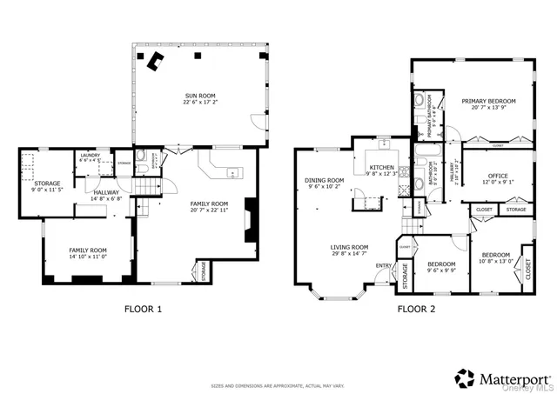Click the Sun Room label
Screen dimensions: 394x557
(x=198, y=98)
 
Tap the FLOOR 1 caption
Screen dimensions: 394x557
(x=142, y=309)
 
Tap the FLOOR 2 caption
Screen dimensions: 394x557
(x=416, y=309)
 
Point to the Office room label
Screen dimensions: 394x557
(x=498, y=177)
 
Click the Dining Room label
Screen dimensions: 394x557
(x=324, y=183)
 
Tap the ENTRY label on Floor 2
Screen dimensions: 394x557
(x=383, y=265)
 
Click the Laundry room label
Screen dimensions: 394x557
(x=90, y=157)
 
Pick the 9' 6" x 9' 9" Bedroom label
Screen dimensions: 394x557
(x=441, y=266)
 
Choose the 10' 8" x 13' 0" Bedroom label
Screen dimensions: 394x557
(x=496, y=258)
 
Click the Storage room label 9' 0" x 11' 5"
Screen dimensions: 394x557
(x=47, y=185)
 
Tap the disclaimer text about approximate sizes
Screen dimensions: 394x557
(x=278, y=385)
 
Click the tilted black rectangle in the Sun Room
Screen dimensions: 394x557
(x=157, y=61)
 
